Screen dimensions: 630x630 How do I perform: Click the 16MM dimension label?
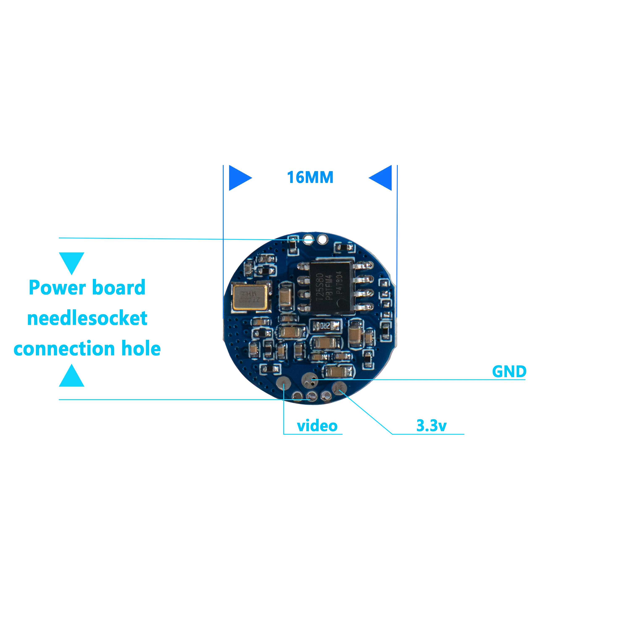click(310, 177)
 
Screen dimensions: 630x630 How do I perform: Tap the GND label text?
click(509, 371)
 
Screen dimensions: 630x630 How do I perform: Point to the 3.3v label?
click(431, 425)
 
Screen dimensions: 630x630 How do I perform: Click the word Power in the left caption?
click(57, 288)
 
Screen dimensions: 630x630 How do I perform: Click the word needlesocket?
click(87, 318)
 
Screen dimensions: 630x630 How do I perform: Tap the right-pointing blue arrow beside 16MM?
click(240, 178)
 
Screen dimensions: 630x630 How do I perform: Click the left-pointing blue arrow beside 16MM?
click(381, 178)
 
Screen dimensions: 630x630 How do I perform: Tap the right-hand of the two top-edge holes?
click(322, 239)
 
